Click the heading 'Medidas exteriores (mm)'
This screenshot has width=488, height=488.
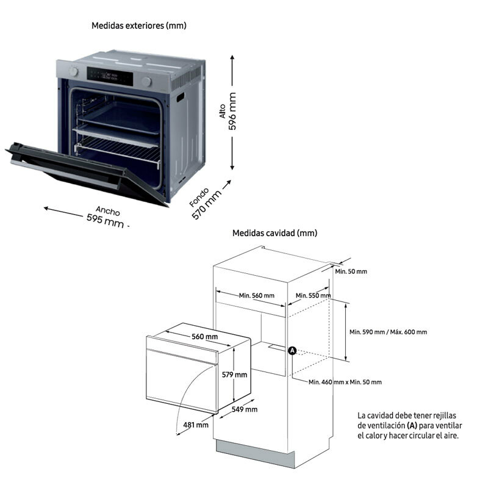click(138, 26)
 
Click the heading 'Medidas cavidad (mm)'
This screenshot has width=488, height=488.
click(274, 233)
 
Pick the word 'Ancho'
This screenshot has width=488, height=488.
click(108, 210)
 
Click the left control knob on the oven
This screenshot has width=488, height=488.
click(74, 71)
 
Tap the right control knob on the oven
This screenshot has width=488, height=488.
click(147, 82)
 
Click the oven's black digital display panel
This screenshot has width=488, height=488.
click(109, 76)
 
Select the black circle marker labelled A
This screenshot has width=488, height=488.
click(292, 351)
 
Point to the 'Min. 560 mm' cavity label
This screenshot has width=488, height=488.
click(256, 296)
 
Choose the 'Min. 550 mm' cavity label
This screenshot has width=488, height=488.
click(313, 296)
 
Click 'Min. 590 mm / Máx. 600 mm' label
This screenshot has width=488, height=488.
click(388, 332)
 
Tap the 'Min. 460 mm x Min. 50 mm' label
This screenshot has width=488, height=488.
click(345, 382)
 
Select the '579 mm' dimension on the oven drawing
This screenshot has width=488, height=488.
click(234, 375)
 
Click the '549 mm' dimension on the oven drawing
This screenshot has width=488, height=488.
click(245, 409)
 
